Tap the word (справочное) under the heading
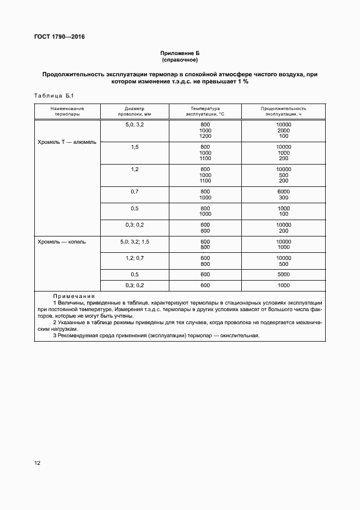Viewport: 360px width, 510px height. tap(180, 60)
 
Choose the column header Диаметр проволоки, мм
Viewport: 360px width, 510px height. tap(135, 111)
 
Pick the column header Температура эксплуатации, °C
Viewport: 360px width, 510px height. tap(205, 111)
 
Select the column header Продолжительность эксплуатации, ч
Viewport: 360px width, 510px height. tap(283, 111)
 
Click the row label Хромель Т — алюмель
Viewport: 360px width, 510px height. tap(67, 142)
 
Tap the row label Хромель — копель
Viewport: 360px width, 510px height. tap(62, 241)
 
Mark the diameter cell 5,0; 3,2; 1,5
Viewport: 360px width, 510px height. tap(135, 241)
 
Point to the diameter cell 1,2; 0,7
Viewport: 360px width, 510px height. tap(135, 258)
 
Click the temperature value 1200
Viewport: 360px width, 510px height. tap(205, 136)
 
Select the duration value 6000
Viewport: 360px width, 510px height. tap(283, 192)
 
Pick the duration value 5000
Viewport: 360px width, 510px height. tap(283, 274)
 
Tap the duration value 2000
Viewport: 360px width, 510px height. tap(283, 131)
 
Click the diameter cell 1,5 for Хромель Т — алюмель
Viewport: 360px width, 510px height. tap(135, 147)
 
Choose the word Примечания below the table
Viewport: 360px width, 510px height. tap(69, 296)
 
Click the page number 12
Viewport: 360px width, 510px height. tap(37, 463)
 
